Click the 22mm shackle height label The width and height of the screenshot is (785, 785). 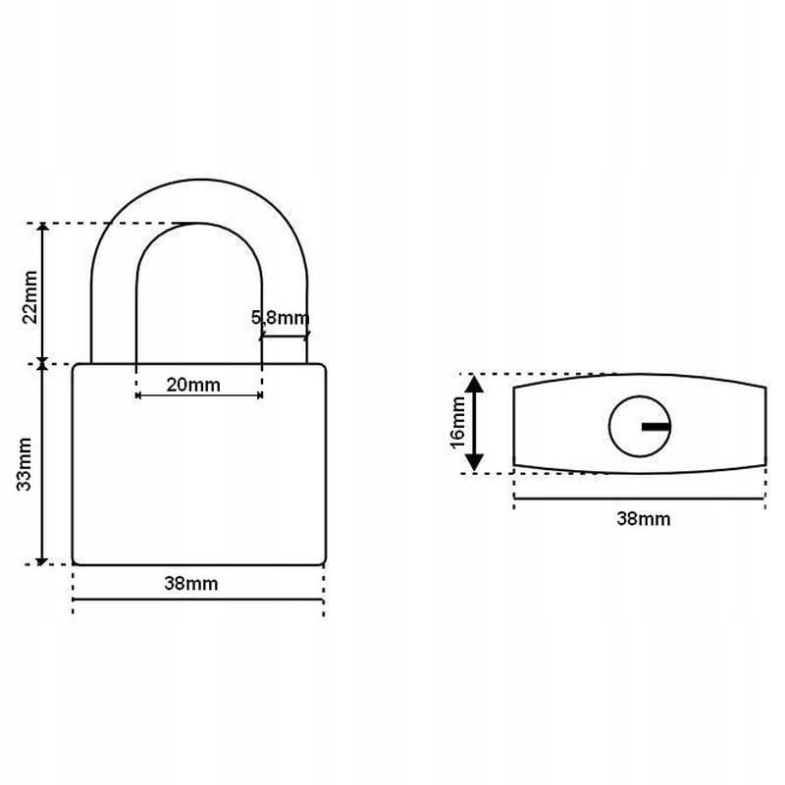[30, 297]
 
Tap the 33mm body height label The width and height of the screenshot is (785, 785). [25, 464]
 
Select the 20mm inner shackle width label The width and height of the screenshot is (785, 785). [193, 385]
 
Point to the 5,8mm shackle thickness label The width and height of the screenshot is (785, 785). [281, 317]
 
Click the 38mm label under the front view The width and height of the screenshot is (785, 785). [191, 583]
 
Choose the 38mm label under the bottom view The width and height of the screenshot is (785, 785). [644, 519]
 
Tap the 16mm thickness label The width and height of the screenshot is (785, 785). [458, 423]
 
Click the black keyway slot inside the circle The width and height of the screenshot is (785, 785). [655, 427]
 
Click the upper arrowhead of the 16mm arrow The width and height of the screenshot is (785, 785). [474, 383]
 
